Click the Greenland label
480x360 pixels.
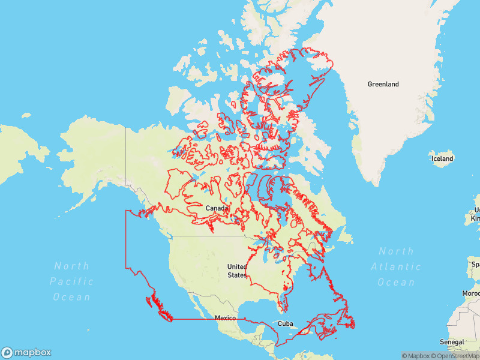coord(383,85)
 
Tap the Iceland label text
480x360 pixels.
coord(442,158)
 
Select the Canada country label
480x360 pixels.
coord(217,208)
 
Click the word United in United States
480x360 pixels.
coord(237,266)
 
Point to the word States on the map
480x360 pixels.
coord(237,275)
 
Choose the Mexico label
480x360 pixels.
coord(225,317)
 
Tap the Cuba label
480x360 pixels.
coord(285,323)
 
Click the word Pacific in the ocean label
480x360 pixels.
coord(71,281)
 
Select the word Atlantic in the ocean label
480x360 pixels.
coord(396,266)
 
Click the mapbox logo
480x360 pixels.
coord(26,352)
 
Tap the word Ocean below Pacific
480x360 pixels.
coord(71,297)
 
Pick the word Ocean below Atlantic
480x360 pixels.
coord(396,282)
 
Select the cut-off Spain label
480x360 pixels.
coord(475,264)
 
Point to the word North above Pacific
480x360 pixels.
coord(71,266)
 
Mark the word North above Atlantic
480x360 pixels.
coord(396,251)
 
